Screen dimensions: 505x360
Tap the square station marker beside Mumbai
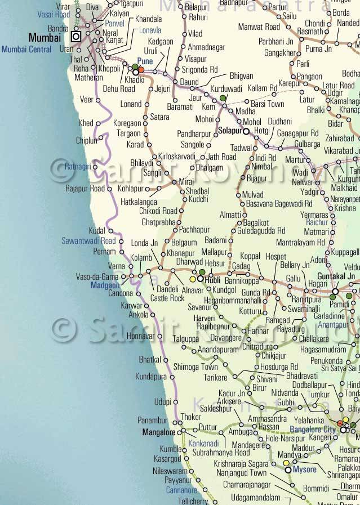coord(76,37)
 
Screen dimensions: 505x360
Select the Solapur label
coord(229,131)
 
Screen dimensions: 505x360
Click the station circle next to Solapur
coord(246,131)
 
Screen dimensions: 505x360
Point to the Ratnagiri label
coord(78,166)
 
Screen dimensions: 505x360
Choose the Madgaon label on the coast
coord(105,285)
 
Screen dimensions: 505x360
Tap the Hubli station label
coord(213,280)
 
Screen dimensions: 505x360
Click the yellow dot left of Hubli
coord(193,279)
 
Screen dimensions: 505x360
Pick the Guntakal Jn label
coord(336,276)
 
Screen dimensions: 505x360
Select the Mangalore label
coord(159,433)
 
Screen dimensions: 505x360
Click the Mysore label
coord(305,470)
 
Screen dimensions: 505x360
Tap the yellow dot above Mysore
coord(286,463)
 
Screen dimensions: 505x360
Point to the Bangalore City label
coord(313,430)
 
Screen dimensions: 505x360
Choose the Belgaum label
coord(184,243)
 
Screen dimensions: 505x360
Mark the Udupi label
coord(162,401)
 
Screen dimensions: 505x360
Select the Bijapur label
coord(257,178)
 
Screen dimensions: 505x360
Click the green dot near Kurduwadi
coord(223,98)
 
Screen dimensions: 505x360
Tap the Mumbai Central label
coord(26,50)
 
